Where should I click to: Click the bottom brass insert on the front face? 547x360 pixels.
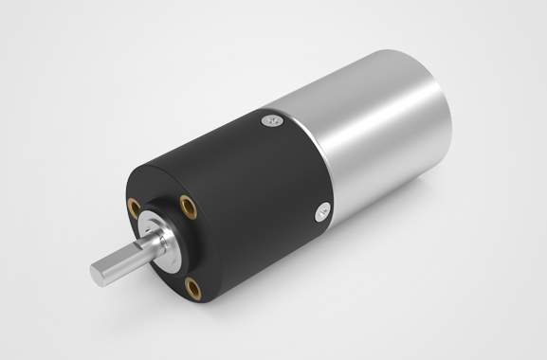192,284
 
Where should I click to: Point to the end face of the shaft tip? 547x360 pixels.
98,274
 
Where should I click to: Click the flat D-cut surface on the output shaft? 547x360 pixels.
118,258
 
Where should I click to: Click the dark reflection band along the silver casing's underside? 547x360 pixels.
379,175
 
